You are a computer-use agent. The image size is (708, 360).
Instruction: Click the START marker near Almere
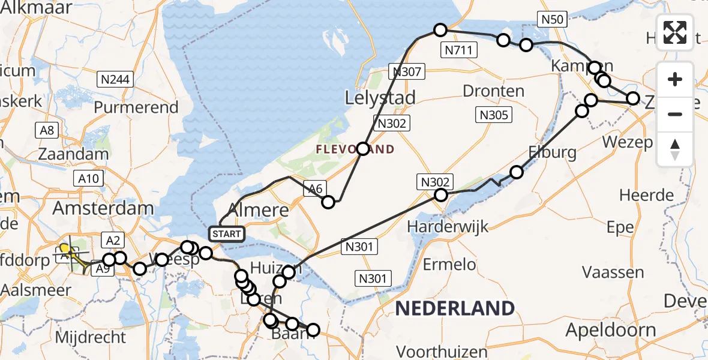[226, 233]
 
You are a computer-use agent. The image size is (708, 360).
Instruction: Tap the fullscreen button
[675, 32]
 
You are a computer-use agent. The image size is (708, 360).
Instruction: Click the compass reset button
[675, 149]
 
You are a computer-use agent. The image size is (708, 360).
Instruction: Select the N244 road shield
[116, 79]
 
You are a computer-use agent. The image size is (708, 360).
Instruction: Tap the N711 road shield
[460, 50]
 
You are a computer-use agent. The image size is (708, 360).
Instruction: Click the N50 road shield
[551, 19]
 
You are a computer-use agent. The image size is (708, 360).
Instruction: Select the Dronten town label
[493, 91]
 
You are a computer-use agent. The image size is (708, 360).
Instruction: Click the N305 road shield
[493, 115]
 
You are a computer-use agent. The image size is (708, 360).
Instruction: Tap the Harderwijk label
[447, 227]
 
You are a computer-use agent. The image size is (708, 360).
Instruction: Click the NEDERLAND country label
[455, 308]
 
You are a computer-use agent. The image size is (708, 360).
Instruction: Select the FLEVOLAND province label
[355, 149]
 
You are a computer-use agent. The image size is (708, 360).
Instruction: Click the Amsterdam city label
[103, 209]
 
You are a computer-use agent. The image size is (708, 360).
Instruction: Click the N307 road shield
[409, 72]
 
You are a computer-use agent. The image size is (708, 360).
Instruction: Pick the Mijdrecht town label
[91, 337]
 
